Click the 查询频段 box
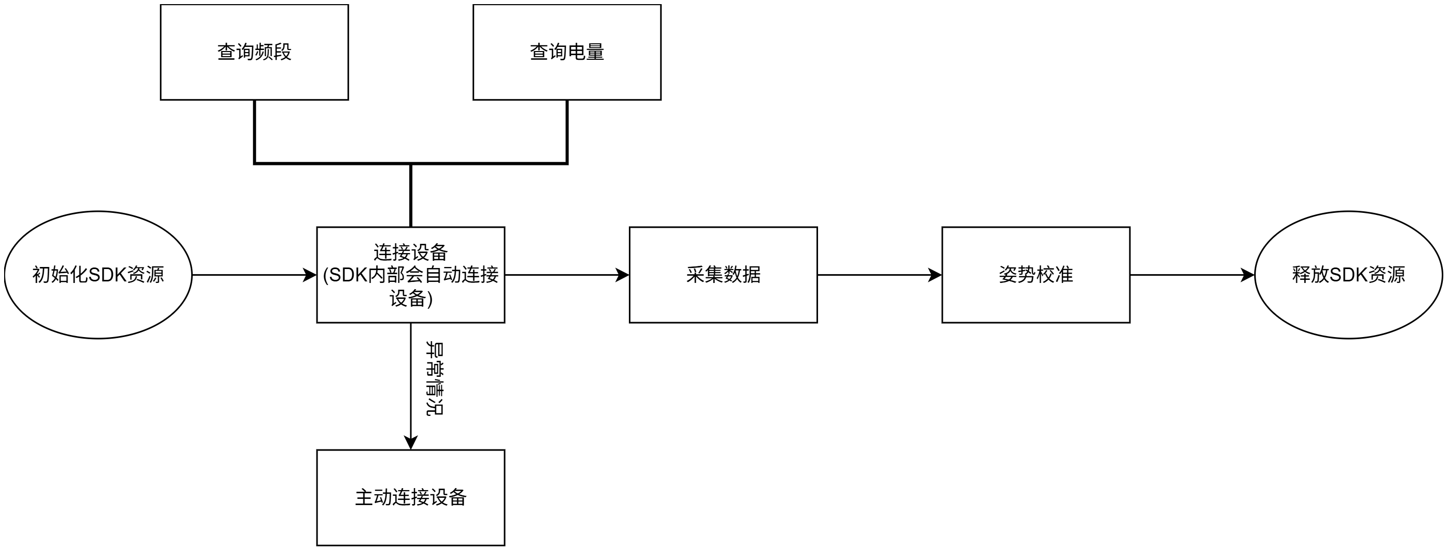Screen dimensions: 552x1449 254,53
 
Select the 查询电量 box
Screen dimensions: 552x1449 567,53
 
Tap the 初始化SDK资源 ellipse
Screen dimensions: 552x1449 98,275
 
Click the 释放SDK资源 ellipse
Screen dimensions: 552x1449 1348,275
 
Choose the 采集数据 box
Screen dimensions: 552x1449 723,275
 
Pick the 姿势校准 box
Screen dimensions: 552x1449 1036,275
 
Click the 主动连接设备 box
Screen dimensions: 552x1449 411,497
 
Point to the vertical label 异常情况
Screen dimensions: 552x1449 434,378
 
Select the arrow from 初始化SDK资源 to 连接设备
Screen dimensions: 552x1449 253,275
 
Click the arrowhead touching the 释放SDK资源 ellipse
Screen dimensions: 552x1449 1247,275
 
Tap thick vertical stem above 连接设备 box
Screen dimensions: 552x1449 411,196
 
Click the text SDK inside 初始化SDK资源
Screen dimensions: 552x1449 107,275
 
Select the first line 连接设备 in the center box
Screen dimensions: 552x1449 411,252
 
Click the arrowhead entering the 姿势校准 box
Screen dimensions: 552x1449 935,275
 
